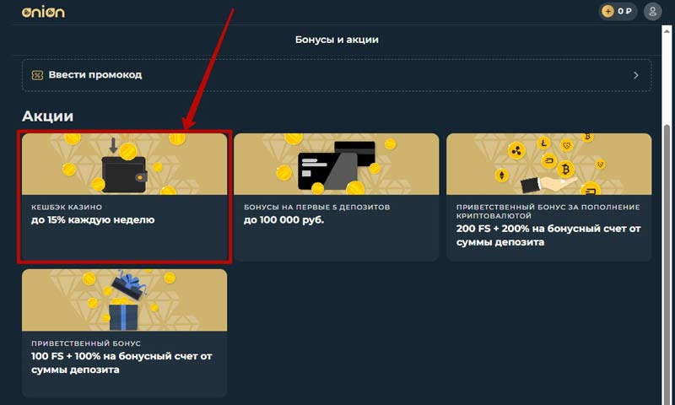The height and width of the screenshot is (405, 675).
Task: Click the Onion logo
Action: point(43,12)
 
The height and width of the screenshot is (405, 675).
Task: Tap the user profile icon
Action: point(652,11)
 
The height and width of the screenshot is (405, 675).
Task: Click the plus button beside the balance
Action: point(607,11)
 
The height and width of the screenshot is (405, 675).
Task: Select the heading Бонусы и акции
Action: point(337,40)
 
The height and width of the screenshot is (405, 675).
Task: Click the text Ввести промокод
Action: point(95,75)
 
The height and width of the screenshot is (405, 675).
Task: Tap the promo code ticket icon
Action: point(37,75)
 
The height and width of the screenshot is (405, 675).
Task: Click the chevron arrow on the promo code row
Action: point(636,75)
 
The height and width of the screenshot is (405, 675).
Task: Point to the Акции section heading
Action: point(47,116)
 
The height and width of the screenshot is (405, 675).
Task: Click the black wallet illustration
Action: point(124,174)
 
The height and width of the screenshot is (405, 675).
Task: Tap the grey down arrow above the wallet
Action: point(113,145)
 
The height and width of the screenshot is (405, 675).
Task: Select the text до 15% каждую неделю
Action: point(93,220)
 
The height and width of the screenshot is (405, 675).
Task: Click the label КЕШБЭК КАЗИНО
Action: point(67,207)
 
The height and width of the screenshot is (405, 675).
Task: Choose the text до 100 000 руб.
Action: point(283,220)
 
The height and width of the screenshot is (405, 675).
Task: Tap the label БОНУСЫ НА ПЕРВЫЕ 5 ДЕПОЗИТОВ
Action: point(317,207)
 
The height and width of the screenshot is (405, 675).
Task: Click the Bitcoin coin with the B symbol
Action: point(565,169)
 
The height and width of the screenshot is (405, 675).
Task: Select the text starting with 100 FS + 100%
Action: point(121,363)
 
